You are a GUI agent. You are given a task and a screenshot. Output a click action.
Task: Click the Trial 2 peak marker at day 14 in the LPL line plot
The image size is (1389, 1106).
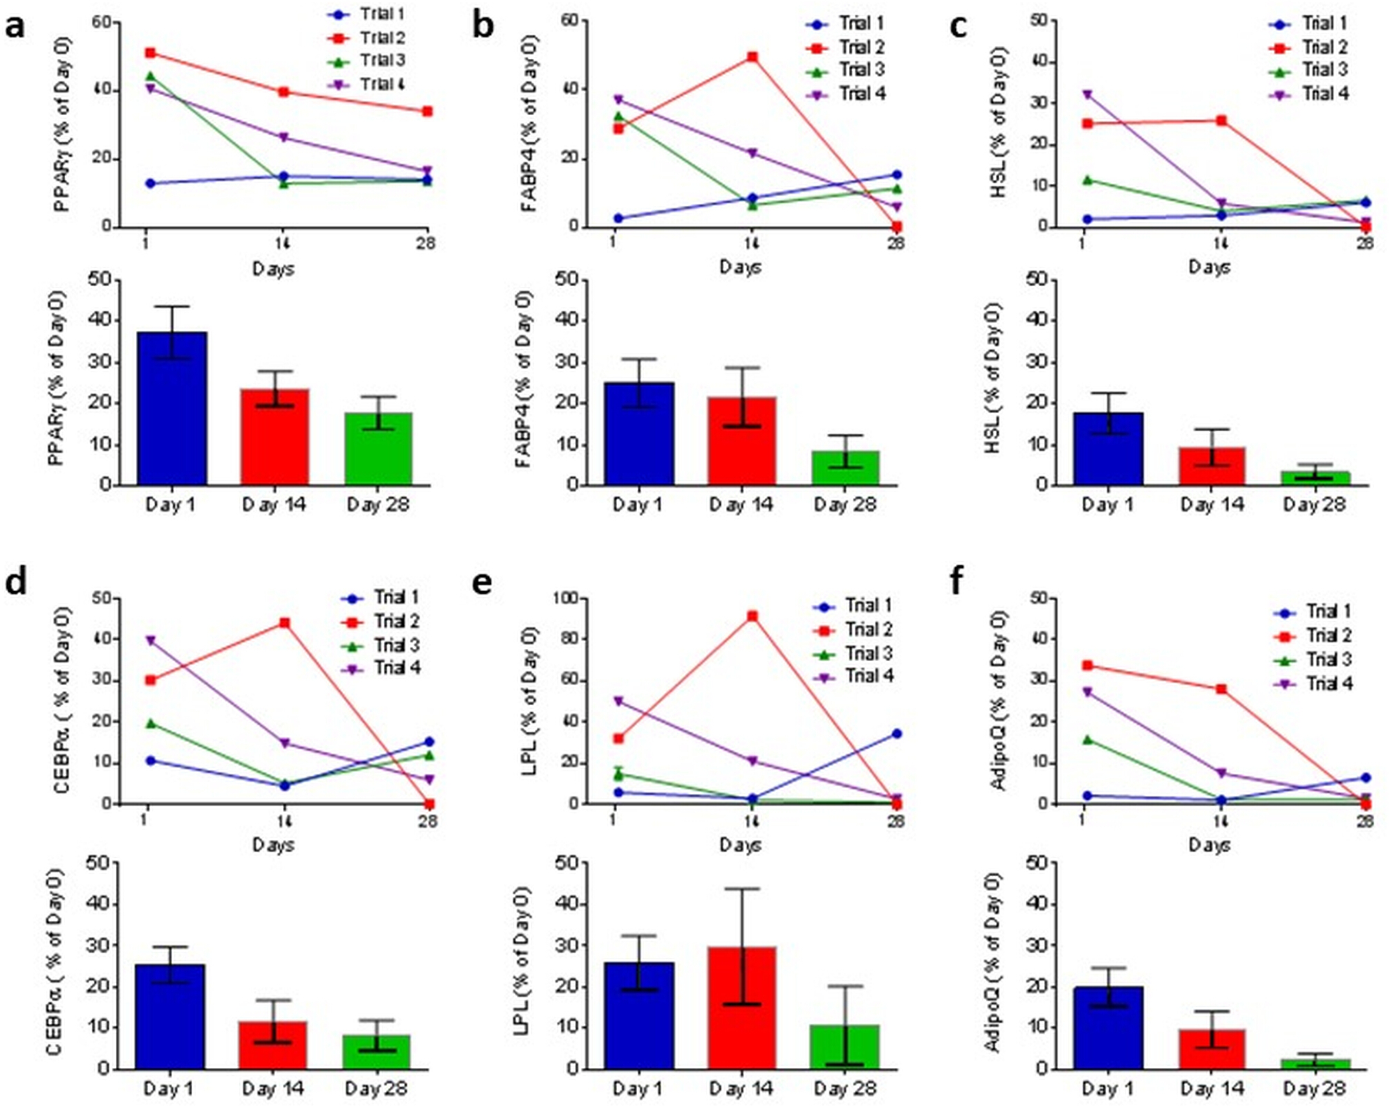[x=752, y=616]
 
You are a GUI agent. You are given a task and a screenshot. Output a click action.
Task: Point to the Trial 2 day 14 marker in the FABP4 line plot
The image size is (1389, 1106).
[x=752, y=56]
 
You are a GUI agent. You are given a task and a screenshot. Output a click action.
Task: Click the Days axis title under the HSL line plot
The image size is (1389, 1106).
[x=1209, y=267]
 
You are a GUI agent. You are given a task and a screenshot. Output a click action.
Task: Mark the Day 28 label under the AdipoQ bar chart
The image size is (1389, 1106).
[x=1314, y=1088]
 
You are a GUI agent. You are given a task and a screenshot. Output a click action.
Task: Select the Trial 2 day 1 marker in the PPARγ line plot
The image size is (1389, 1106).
[x=150, y=53]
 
